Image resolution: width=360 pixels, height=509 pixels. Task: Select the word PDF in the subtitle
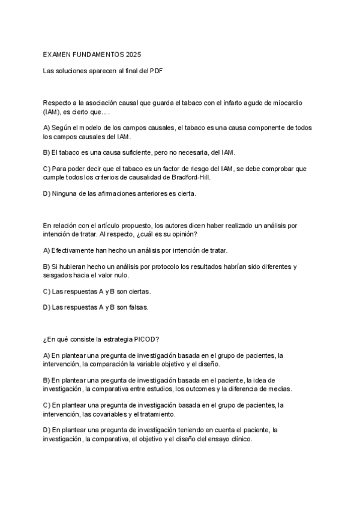tap(157, 70)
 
